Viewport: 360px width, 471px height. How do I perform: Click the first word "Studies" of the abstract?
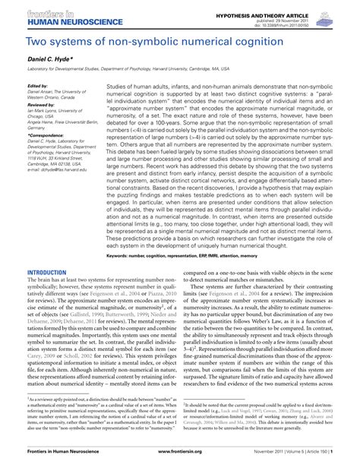(x=119, y=87)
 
